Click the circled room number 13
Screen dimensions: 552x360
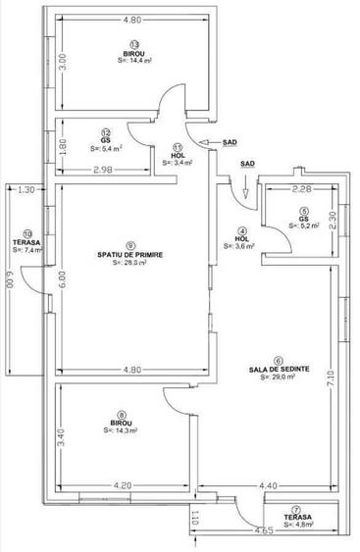pyautogui.click(x=132, y=43)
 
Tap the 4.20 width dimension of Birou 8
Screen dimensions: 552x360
pyautogui.click(x=122, y=484)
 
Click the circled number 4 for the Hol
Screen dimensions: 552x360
pyautogui.click(x=243, y=231)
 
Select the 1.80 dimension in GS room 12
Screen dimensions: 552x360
pyautogui.click(x=62, y=145)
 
